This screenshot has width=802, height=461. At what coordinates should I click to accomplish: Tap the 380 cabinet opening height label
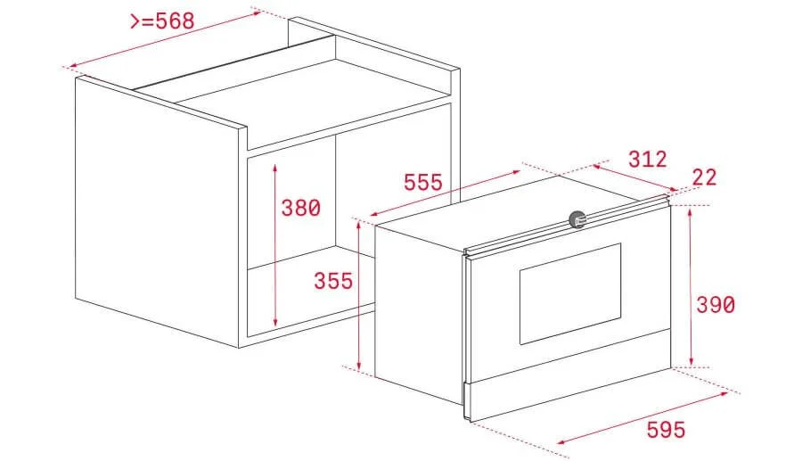click(300, 209)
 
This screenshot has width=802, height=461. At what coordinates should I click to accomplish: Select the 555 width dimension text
click(422, 183)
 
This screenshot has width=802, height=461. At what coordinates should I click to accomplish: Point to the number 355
click(333, 281)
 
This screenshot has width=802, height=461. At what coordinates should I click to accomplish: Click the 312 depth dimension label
click(647, 160)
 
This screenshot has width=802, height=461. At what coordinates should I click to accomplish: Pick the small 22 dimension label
click(704, 177)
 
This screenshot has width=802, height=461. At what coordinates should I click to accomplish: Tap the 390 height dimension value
click(716, 305)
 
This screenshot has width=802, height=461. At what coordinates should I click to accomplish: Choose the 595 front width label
click(667, 430)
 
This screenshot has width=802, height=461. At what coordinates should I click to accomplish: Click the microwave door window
click(569, 293)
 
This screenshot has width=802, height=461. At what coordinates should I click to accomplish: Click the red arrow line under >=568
click(160, 39)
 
